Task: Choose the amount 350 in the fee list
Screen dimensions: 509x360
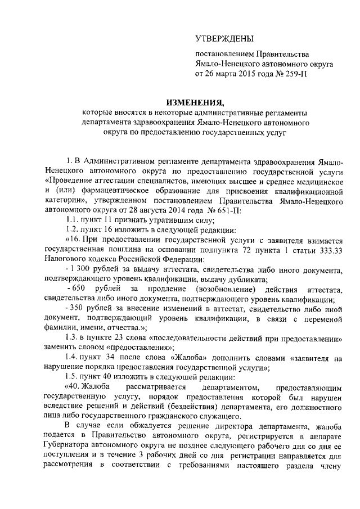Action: click(x=79, y=308)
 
